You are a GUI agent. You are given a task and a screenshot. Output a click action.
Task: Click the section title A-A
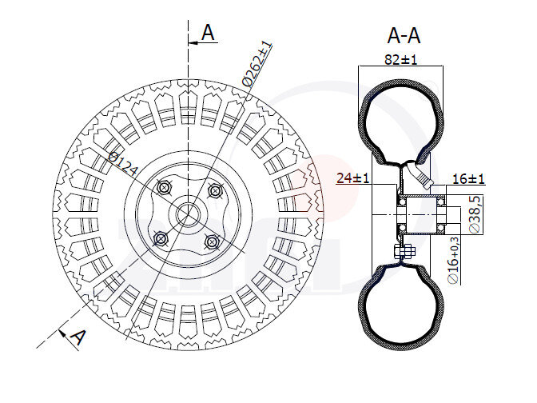404,35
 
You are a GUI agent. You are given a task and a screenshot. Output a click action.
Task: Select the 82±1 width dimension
402,59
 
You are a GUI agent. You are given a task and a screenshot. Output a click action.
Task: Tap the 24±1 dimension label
352,178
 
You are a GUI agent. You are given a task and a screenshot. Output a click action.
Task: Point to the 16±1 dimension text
469,178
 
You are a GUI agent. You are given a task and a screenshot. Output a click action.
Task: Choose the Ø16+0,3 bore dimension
455,261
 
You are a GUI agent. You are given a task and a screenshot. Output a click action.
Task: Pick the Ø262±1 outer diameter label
257,63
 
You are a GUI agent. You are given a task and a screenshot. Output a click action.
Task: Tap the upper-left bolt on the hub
164,187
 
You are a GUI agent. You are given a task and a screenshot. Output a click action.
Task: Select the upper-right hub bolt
214,190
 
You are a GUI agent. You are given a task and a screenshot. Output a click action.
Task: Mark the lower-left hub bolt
161,237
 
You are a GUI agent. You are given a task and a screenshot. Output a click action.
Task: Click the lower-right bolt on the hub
212,241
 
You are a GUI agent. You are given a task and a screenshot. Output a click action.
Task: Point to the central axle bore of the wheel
188,213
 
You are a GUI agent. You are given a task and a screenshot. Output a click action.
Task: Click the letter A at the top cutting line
209,33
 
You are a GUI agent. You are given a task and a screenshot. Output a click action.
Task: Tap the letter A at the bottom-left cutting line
78,337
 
